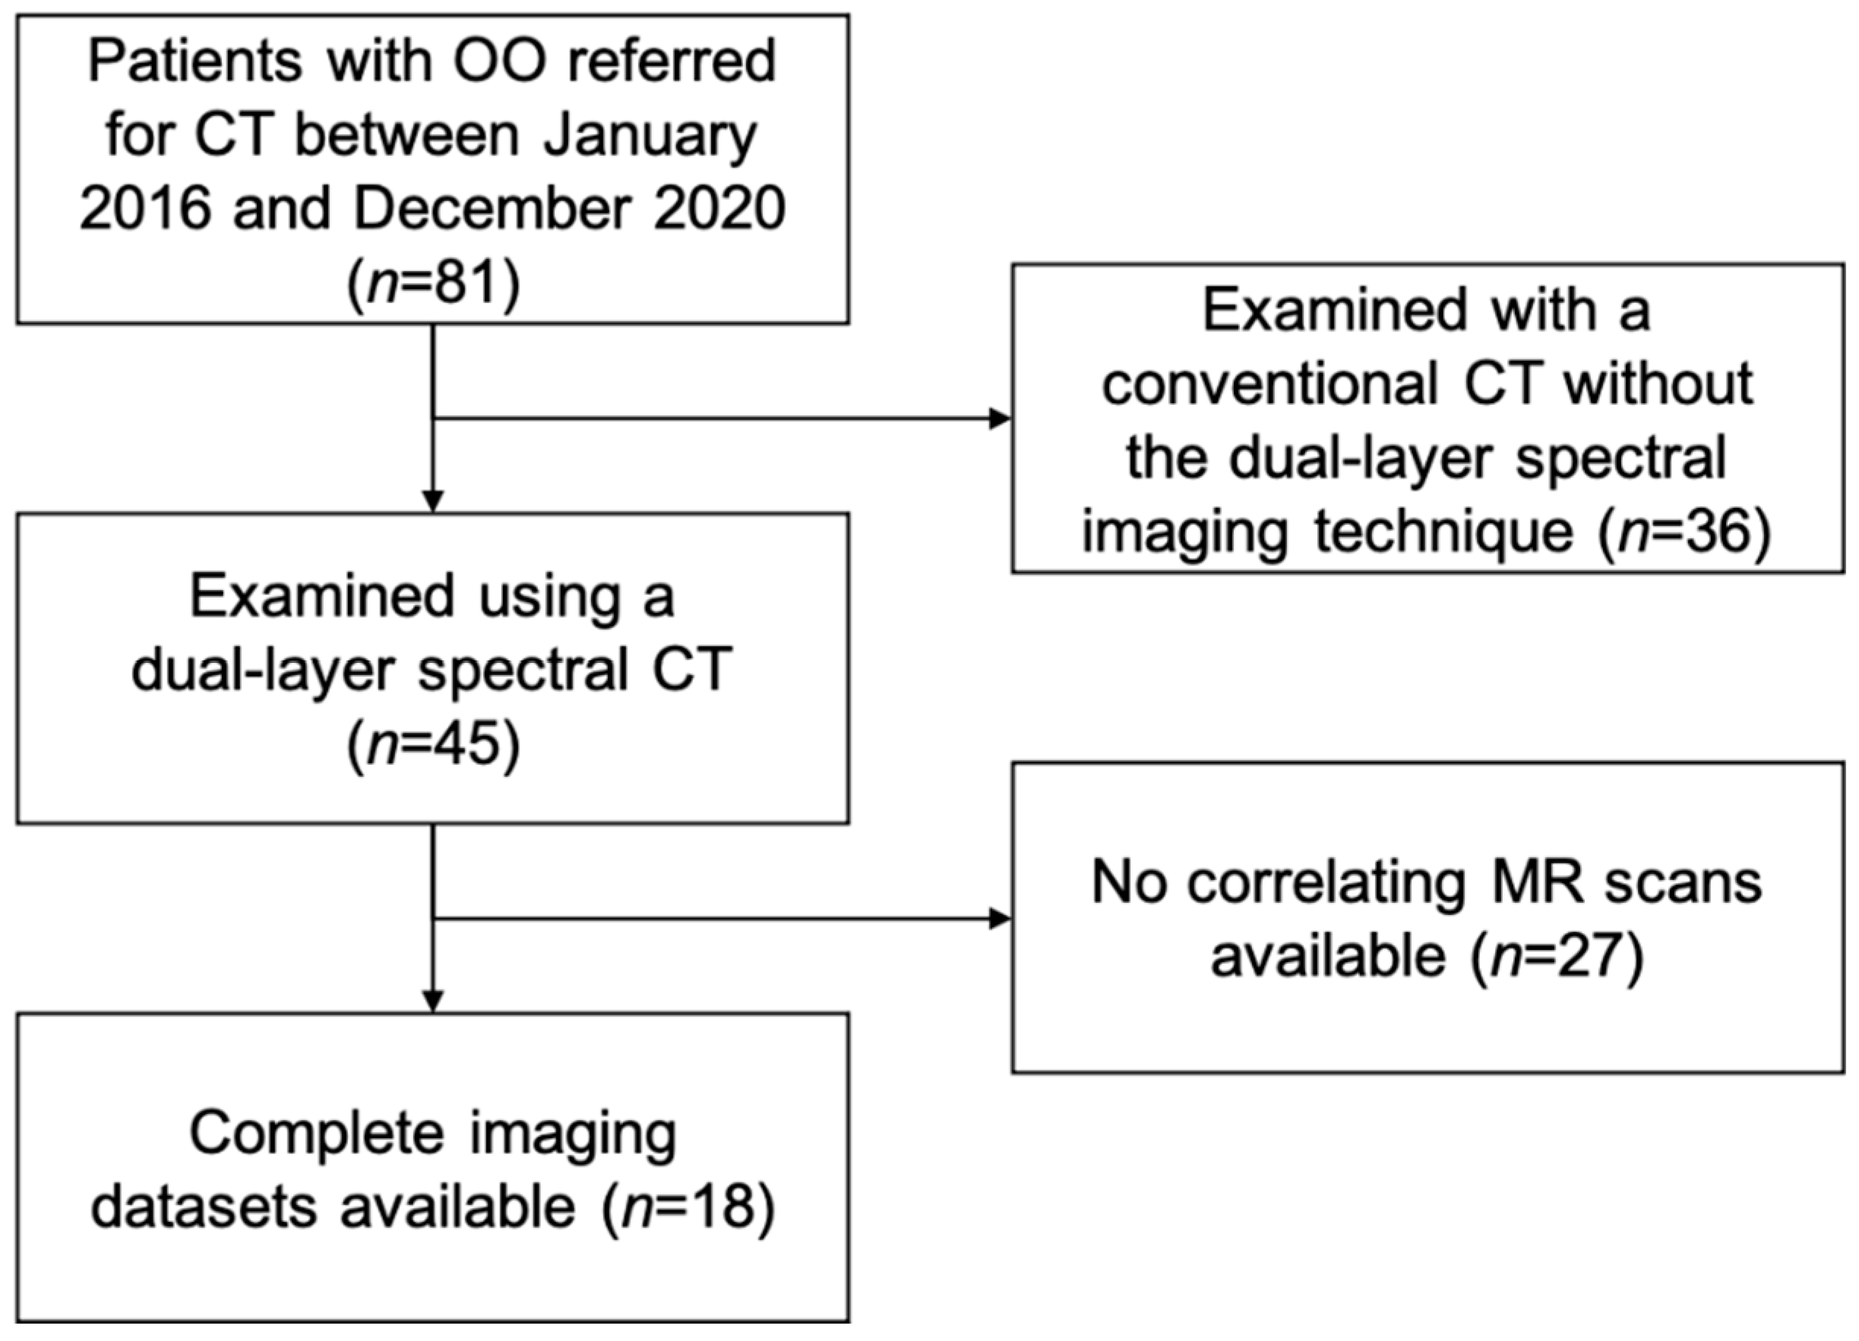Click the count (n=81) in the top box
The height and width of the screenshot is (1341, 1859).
pyautogui.click(x=433, y=284)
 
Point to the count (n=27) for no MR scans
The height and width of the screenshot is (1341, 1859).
pyautogui.click(x=1557, y=956)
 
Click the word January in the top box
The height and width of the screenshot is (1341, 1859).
pyautogui.click(x=650, y=136)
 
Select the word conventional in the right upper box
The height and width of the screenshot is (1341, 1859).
pyautogui.click(x=1269, y=384)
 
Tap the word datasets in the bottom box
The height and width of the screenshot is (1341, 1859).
pyautogui.click(x=204, y=1207)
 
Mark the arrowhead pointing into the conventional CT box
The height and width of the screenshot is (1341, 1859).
pyautogui.click(x=1001, y=418)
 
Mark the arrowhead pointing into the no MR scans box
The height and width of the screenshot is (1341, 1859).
pyautogui.click(x=1001, y=918)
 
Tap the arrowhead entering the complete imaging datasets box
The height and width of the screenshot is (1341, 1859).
pyautogui.click(x=433, y=1002)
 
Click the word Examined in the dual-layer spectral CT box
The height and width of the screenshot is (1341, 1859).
pyautogui.click(x=322, y=597)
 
